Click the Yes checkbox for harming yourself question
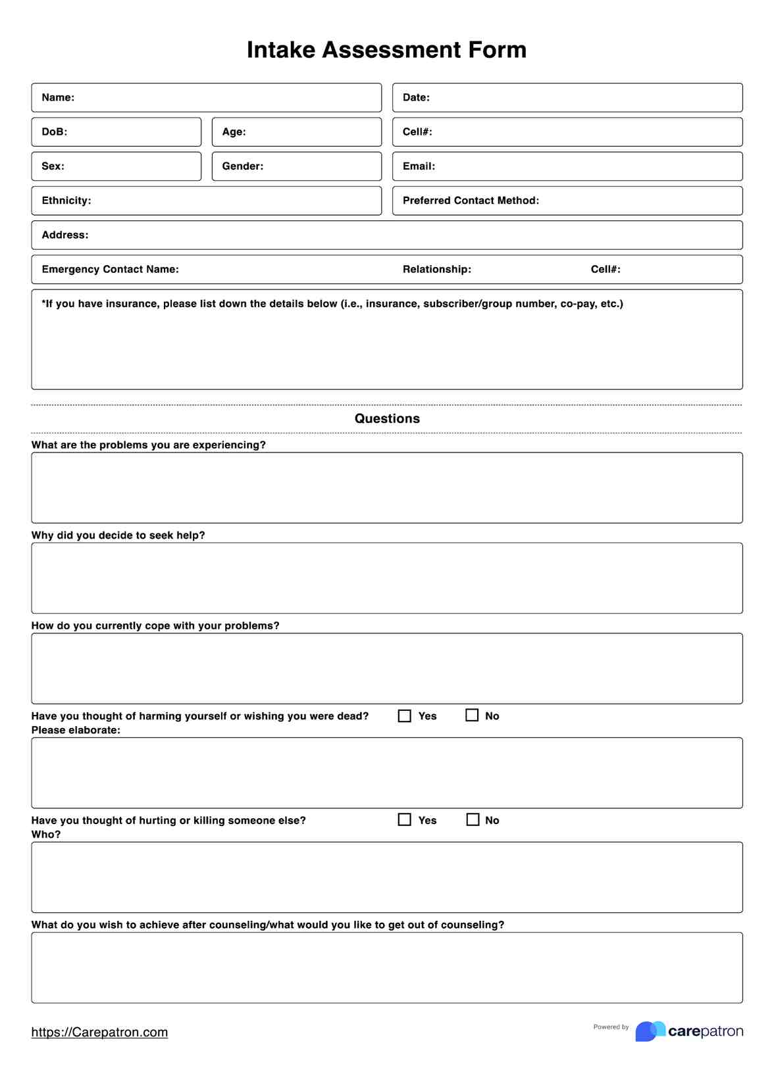click(405, 716)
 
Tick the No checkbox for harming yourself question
click(472, 715)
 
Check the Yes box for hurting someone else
click(405, 819)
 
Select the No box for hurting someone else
click(473, 819)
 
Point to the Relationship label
click(437, 269)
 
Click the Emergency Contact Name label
click(110, 269)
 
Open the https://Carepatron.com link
click(99, 1032)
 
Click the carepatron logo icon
click(650, 1031)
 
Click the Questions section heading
click(387, 418)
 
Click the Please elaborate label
click(76, 730)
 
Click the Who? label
click(46, 834)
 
